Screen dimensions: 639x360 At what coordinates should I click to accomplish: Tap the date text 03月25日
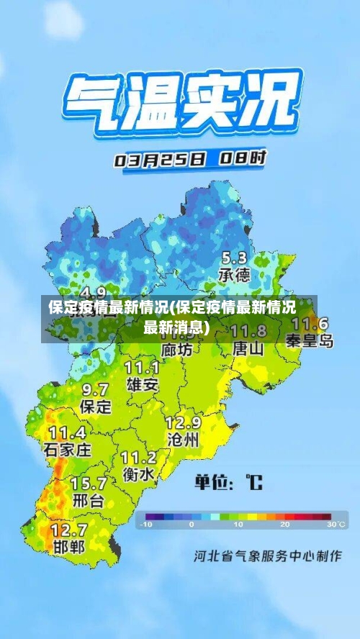pos(159,160)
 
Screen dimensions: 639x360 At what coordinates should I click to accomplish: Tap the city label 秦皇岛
pos(310,340)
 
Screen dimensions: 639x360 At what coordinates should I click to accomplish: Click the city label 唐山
pos(248,348)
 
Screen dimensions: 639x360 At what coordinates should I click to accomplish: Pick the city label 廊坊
pos(177,349)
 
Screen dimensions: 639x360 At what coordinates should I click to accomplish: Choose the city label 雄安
pos(142,385)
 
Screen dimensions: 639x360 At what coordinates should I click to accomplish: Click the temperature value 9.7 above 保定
pos(95,389)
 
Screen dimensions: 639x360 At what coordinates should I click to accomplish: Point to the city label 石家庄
pos(68,450)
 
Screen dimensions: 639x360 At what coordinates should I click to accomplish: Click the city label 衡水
pos(138,475)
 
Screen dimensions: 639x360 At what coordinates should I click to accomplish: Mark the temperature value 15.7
pos(89,483)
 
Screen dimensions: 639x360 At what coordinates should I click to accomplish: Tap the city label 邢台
pos(88,500)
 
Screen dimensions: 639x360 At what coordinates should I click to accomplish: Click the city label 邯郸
pos(68,547)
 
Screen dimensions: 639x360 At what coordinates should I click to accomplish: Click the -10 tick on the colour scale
pos(148,525)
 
